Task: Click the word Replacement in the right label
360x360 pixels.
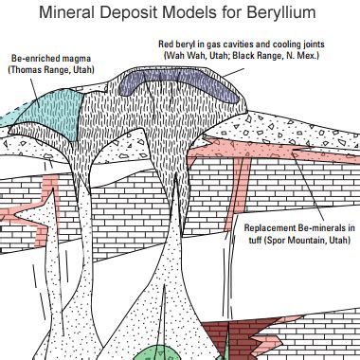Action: tap(271, 228)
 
